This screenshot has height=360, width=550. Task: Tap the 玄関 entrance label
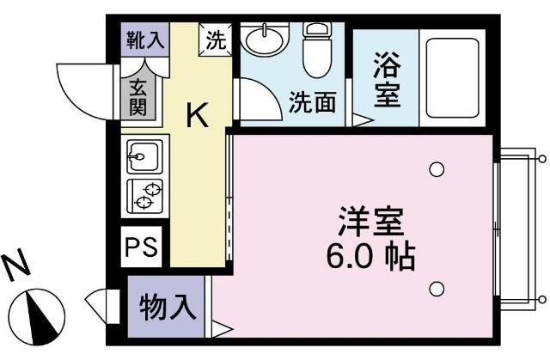(137, 98)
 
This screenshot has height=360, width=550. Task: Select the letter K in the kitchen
(198, 116)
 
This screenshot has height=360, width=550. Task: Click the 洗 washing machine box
(216, 39)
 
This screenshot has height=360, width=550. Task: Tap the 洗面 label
(310, 101)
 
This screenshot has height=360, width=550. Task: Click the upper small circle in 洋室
(437, 168)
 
